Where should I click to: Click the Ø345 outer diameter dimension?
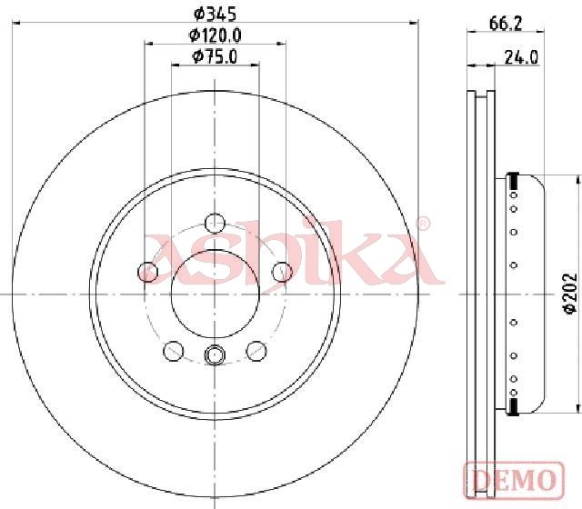216,15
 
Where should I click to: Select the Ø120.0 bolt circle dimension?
216,35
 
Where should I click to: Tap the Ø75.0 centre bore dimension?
215,57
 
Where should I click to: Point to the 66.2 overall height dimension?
506,25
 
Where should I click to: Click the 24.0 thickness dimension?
521,57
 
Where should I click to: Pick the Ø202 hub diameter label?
570,294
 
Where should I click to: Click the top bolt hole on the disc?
215,223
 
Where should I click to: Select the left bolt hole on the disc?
147,272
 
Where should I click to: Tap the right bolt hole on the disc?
282,272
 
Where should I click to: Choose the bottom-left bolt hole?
174,351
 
